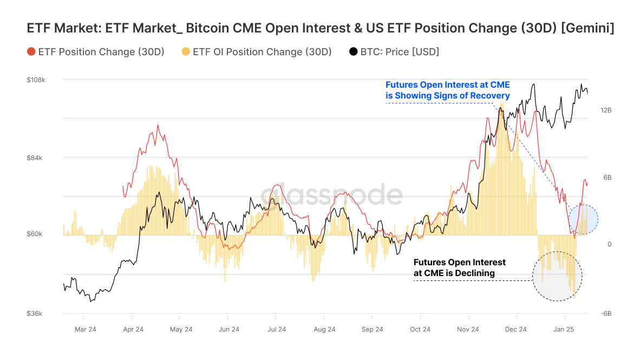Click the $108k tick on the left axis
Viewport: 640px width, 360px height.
click(36, 80)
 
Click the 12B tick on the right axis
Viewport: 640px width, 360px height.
click(606, 110)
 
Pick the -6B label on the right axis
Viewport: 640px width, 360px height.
click(606, 313)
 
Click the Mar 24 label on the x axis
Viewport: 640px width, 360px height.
click(86, 329)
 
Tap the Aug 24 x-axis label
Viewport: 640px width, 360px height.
click(324, 329)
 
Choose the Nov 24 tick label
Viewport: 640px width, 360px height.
click(468, 329)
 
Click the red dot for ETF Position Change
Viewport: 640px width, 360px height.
click(31, 52)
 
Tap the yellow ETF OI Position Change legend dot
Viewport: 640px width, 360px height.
click(186, 52)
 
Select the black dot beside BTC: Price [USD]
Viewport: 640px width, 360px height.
click(354, 52)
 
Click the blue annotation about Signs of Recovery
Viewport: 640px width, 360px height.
click(447, 90)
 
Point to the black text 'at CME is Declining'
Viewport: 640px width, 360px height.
click(454, 273)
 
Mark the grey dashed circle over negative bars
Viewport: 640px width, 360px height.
click(557, 276)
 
